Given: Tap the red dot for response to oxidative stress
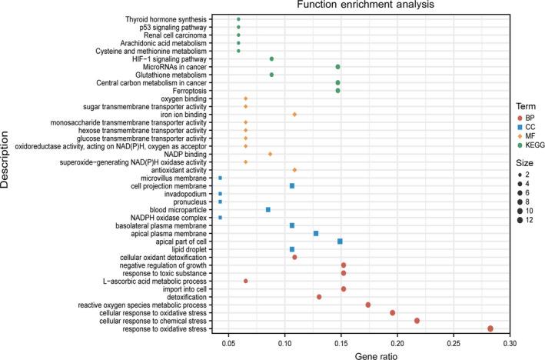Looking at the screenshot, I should pyautogui.click(x=490, y=328).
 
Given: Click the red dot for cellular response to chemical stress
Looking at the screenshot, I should pyautogui.click(x=417, y=321).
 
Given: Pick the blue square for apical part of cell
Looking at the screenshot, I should pyautogui.click(x=340, y=241).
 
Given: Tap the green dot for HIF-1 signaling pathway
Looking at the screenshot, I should pyautogui.click(x=271, y=58).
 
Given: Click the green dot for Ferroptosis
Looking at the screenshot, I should pyautogui.click(x=337, y=91).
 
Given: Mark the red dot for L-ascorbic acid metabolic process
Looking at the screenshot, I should pyautogui.click(x=245, y=281).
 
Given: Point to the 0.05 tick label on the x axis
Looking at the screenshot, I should pyautogui.click(x=228, y=342).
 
